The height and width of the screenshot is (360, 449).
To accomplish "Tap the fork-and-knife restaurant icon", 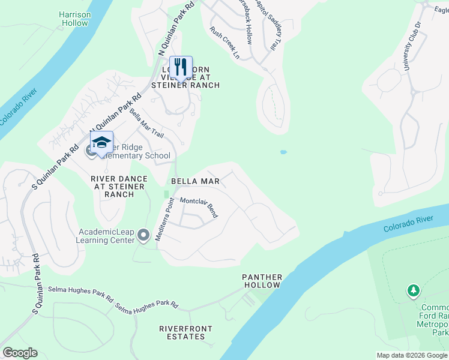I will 181,67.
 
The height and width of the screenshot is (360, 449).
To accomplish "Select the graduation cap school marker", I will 101,143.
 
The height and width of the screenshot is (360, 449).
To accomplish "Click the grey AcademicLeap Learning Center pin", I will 143,235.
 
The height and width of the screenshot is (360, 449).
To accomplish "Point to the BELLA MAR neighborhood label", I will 195,181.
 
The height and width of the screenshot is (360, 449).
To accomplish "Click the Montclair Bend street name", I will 199,207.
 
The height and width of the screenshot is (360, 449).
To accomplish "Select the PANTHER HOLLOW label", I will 262,281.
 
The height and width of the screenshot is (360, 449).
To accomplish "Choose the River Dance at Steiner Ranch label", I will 118,186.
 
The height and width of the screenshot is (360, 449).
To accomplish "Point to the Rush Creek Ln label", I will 225,43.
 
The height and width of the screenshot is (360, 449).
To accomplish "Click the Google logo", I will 20,353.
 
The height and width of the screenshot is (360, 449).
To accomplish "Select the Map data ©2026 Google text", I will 412,355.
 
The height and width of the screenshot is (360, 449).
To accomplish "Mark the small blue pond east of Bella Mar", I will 283,152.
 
